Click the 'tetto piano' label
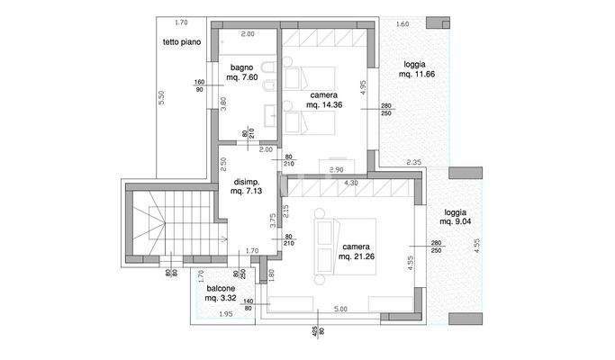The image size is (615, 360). pyautogui.click(x=182, y=42)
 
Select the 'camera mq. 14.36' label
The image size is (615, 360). pyautogui.click(x=325, y=100)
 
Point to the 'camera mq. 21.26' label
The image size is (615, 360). pyautogui.click(x=357, y=251)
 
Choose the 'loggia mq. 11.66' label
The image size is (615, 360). pyautogui.click(x=416, y=70)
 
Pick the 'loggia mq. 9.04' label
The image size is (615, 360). pyautogui.click(x=457, y=216)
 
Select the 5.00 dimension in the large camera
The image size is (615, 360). pyautogui.click(x=339, y=309)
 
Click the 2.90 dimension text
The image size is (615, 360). pyautogui.click(x=338, y=169)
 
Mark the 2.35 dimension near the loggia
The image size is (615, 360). pyautogui.click(x=414, y=162)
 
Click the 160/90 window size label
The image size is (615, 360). pyautogui.click(x=198, y=86)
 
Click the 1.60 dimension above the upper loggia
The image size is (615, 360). pyautogui.click(x=402, y=23)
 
